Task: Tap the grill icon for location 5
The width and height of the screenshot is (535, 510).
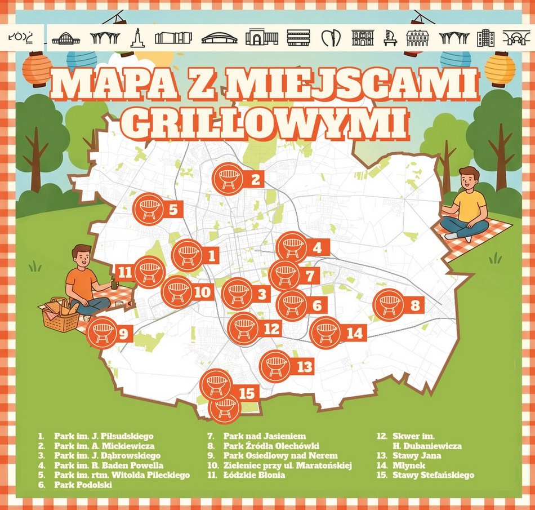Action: [148, 209]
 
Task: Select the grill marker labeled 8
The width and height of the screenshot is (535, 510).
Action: [389, 305]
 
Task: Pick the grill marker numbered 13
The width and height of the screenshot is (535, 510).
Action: [275, 366]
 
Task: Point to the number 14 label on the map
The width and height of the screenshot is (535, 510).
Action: [355, 333]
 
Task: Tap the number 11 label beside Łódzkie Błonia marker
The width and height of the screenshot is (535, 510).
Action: [125, 273]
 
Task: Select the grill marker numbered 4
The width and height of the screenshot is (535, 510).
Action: [292, 247]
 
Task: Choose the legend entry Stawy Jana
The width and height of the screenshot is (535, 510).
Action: [417, 455]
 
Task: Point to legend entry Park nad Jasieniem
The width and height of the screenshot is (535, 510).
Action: [264, 436]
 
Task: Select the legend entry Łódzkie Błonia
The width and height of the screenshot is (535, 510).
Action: [254, 475]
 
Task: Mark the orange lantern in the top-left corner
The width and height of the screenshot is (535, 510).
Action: [37, 68]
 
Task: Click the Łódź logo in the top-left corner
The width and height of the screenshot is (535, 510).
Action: [23, 37]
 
